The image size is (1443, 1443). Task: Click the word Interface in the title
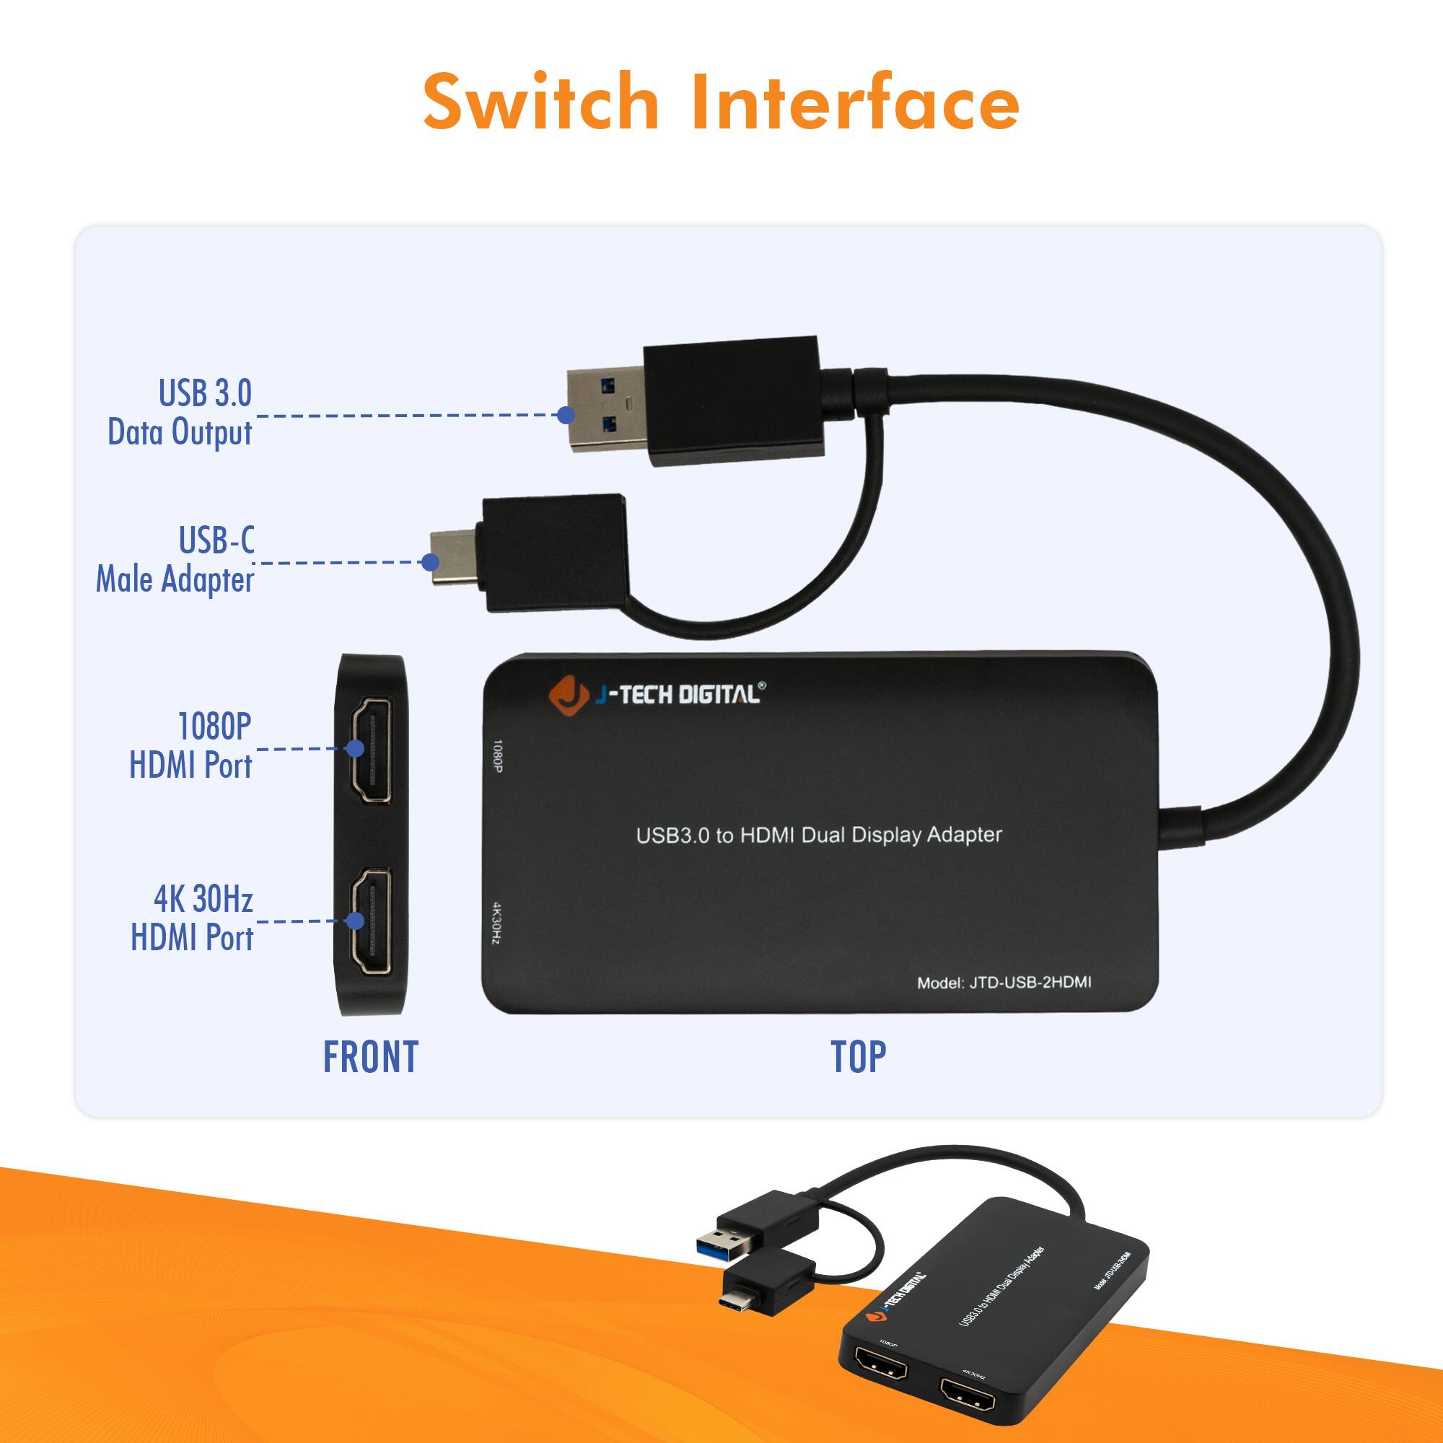pyautogui.click(x=855, y=102)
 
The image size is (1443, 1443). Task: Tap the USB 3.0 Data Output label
pyautogui.click(x=181, y=412)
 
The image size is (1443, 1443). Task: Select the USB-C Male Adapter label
pyautogui.click(x=176, y=559)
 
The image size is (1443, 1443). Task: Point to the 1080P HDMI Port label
pyautogui.click(x=191, y=745)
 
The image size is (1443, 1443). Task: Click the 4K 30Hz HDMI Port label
pyautogui.click(x=193, y=918)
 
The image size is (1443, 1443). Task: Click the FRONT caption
pyautogui.click(x=370, y=1057)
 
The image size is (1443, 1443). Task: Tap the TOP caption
pyautogui.click(x=858, y=1057)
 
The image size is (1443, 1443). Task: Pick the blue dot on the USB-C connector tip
pyautogui.click(x=430, y=561)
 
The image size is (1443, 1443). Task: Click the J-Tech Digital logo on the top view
pyautogui.click(x=657, y=695)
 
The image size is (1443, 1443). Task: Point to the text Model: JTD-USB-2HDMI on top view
pyautogui.click(x=1004, y=982)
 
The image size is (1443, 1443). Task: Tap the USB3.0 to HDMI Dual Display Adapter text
pyautogui.click(x=819, y=835)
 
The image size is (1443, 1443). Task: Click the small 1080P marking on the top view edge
pyautogui.click(x=497, y=756)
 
